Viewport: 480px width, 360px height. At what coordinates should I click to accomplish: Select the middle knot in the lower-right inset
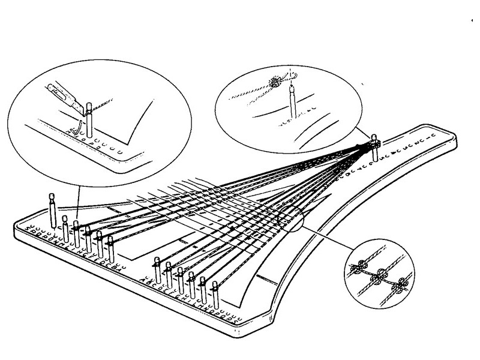coord(379,277)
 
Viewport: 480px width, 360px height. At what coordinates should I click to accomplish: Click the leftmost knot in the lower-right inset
coord(362,268)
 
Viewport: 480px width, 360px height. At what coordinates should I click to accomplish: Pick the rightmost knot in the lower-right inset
coord(397,287)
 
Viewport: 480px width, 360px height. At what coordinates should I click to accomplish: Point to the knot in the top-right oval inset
coord(277,83)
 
